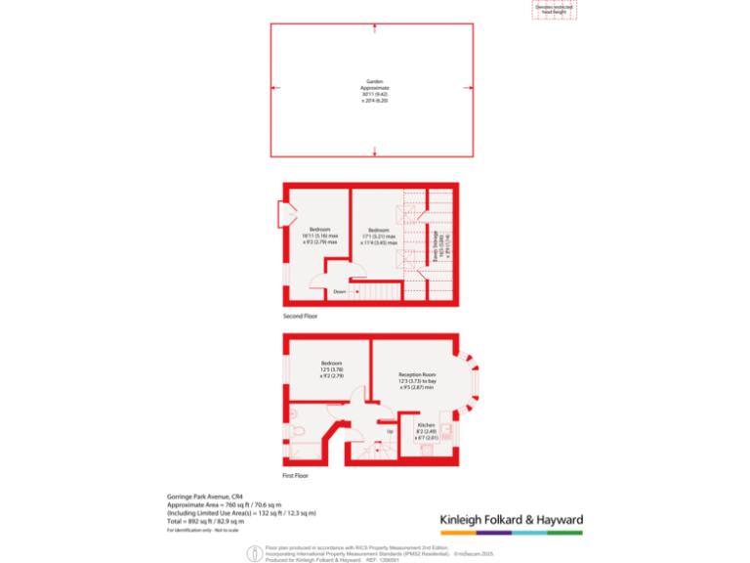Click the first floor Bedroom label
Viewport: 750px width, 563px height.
tap(332, 369)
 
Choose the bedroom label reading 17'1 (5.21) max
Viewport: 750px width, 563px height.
tap(379, 236)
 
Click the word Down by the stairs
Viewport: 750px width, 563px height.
tap(339, 291)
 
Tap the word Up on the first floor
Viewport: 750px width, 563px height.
tap(390, 431)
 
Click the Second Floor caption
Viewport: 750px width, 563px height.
tap(300, 317)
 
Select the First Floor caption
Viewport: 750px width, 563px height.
tap(295, 475)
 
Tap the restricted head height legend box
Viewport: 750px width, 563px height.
tap(554, 9)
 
